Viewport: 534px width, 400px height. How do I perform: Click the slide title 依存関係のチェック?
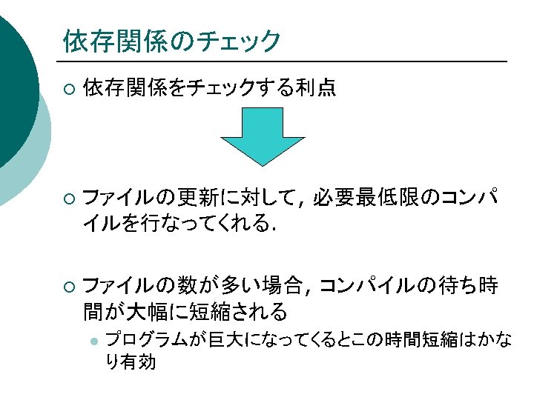pos(171,41)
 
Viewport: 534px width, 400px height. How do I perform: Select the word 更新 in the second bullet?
pos(201,199)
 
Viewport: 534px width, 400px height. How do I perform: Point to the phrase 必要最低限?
pos(376,199)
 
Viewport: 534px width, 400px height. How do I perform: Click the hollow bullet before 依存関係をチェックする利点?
pos(68,90)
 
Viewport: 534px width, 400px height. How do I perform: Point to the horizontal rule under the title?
pos(282,61)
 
